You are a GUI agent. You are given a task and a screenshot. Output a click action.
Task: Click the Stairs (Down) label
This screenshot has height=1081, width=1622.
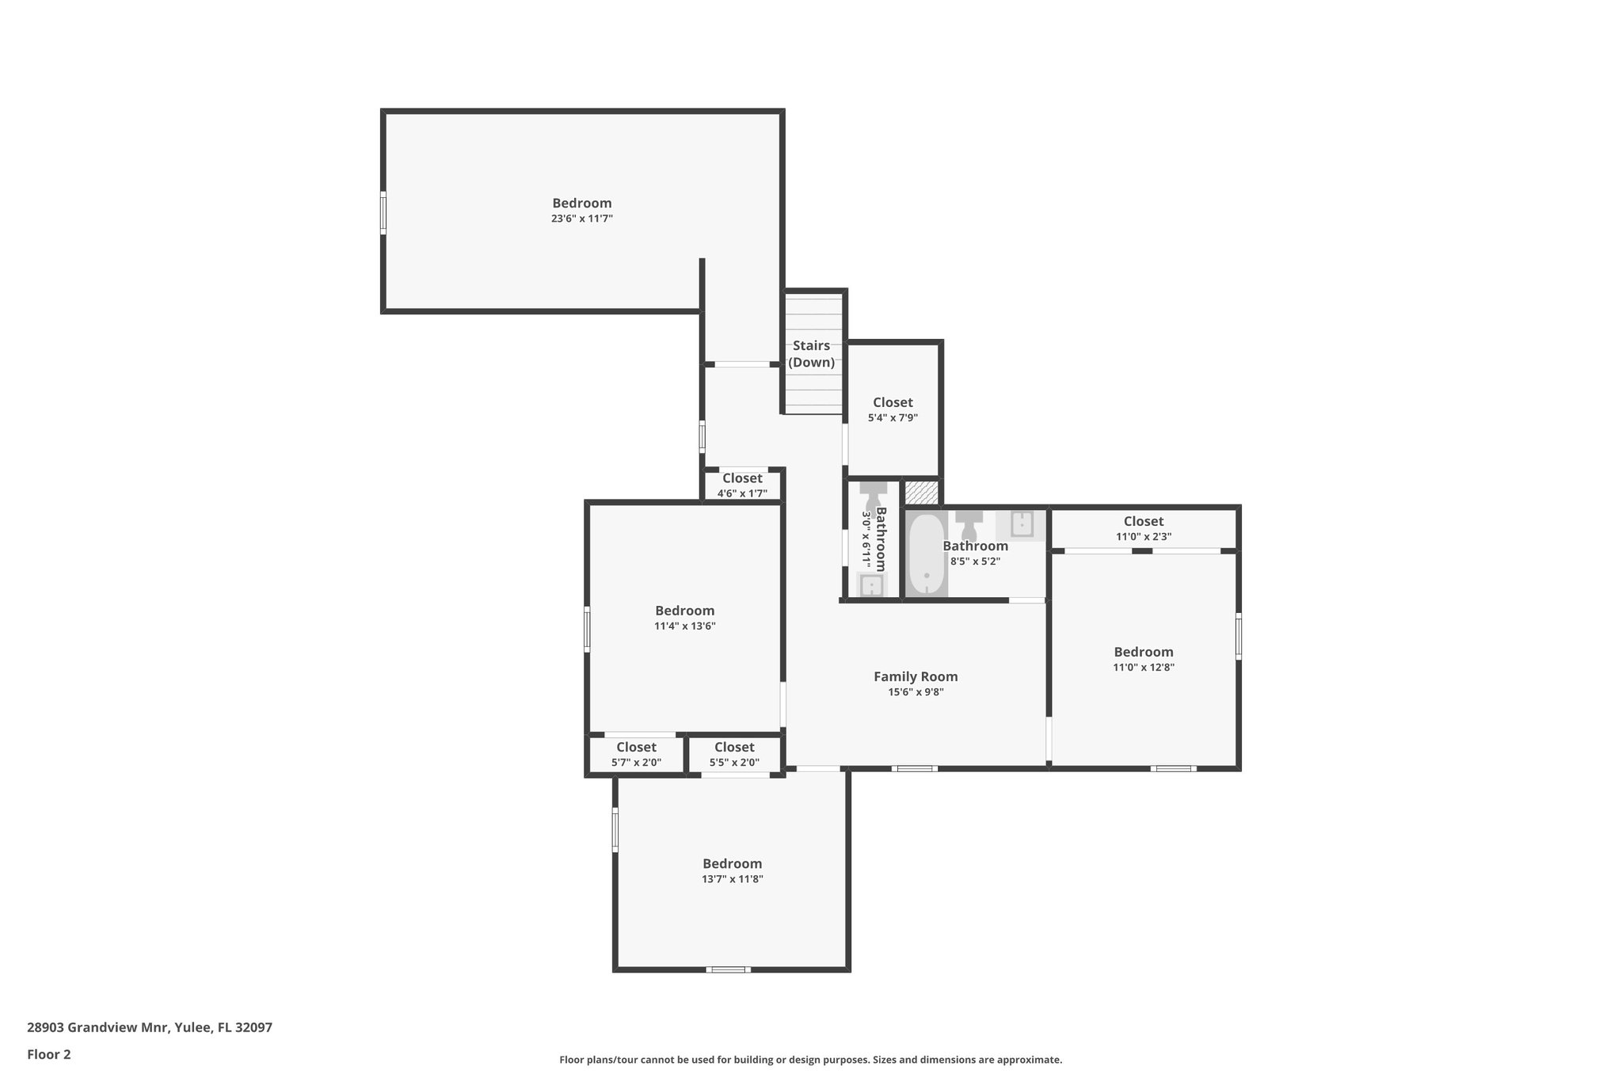(811, 354)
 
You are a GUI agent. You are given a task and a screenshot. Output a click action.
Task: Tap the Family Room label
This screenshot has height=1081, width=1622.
(916, 677)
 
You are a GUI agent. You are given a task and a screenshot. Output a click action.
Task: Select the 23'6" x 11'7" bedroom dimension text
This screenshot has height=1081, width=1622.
(582, 219)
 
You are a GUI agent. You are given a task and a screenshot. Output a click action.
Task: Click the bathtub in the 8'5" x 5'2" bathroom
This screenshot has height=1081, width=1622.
(926, 554)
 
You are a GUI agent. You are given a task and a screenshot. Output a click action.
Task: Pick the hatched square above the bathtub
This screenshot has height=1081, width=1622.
(922, 492)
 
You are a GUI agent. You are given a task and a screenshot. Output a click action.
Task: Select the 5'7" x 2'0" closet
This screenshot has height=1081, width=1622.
(636, 755)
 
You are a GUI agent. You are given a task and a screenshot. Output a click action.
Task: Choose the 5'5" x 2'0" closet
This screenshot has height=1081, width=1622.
(734, 755)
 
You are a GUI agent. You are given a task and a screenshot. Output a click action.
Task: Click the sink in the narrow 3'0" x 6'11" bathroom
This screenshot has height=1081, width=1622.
(871, 586)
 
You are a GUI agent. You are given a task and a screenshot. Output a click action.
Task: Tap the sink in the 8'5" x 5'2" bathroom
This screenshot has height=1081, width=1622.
(1022, 524)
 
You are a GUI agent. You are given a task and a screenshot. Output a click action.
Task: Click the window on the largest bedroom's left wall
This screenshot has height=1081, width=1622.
(383, 212)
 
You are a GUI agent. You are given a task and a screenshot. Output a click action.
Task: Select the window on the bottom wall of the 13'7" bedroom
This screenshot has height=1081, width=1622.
(728, 969)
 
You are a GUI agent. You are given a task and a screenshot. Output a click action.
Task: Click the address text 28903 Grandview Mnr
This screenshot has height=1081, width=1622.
(150, 1028)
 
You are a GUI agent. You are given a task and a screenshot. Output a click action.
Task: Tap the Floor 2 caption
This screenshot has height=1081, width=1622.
(49, 1054)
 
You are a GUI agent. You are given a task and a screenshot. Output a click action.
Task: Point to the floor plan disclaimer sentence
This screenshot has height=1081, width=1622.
(810, 1060)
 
